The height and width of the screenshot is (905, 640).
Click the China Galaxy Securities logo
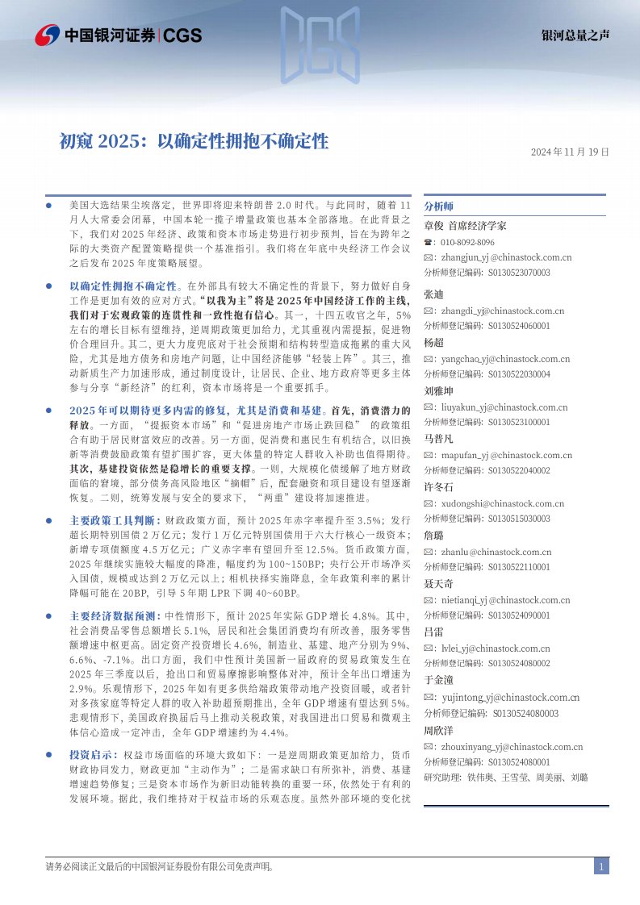(118, 35)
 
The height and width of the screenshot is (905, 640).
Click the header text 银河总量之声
(575, 35)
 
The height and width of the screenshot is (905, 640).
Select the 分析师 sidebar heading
(439, 206)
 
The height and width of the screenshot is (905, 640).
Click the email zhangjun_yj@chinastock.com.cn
(504, 257)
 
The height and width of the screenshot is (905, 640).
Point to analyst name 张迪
(433, 294)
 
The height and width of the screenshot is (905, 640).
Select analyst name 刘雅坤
(438, 390)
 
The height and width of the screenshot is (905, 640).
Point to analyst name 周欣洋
(438, 731)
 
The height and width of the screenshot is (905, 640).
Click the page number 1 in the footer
(601, 866)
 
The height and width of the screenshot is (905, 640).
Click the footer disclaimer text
(159, 867)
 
